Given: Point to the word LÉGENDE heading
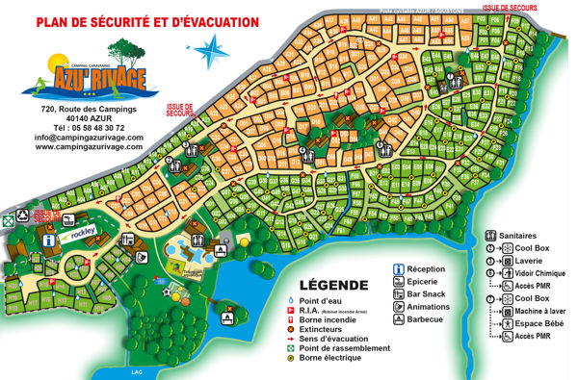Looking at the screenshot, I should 334,285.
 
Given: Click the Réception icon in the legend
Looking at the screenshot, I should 400,268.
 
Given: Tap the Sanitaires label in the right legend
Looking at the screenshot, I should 524,236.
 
